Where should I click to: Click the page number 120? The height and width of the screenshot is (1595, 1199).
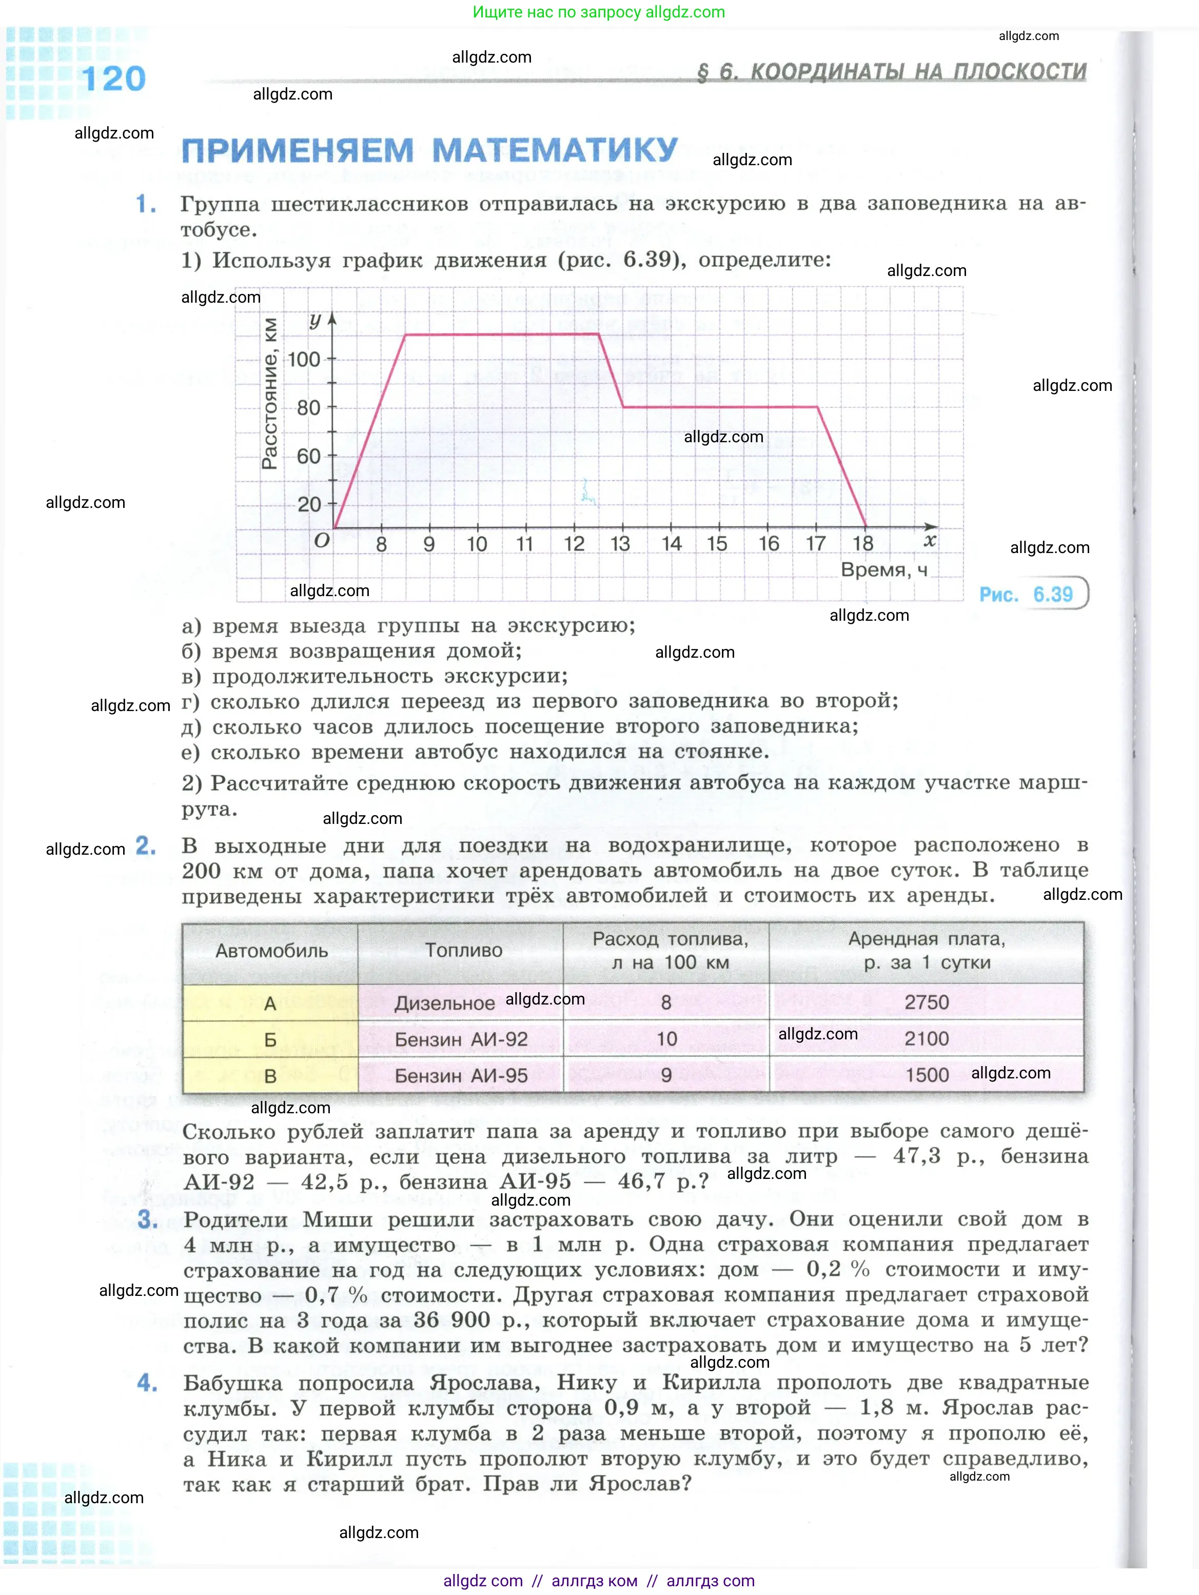point(113,78)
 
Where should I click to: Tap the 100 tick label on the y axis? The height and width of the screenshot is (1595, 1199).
point(304,359)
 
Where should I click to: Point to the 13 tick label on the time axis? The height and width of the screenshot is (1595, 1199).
point(620,544)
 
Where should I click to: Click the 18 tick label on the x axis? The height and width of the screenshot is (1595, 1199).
point(862,544)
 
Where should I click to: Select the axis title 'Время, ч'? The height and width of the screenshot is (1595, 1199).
point(884,569)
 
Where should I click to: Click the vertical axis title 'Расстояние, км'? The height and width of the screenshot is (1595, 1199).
point(270,393)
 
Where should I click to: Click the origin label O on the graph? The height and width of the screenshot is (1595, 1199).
point(322,540)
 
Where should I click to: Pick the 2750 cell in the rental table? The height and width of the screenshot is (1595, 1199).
point(927,1002)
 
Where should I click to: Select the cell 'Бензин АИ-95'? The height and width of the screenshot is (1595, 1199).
point(461,1076)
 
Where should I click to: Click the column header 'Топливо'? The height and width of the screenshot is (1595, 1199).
point(463,950)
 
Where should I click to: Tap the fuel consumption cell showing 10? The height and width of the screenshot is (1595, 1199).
point(666,1039)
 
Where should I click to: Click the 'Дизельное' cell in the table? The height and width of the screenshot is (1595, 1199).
point(444,1003)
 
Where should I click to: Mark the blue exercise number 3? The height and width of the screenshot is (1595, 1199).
point(147,1220)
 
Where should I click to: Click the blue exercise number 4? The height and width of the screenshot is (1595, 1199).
point(147,1383)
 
